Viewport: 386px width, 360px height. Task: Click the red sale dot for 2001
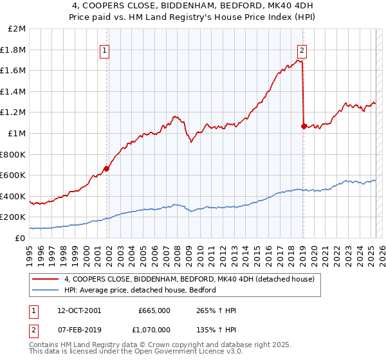click(106, 168)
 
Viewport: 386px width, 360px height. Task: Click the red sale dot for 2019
click(303, 126)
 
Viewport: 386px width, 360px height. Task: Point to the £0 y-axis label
click(20, 238)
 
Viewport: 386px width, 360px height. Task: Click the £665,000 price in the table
click(154, 310)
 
